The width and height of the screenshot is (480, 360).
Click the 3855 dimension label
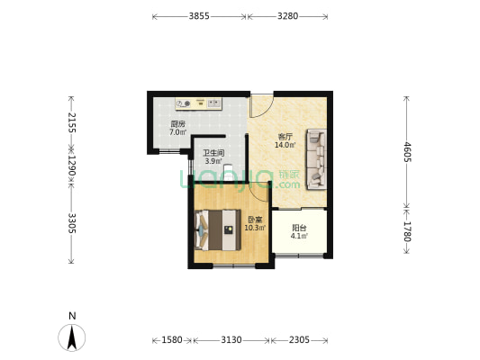coord(199,16)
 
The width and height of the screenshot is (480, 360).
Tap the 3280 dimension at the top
coord(288,16)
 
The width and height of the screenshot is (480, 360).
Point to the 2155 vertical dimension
coord(72,122)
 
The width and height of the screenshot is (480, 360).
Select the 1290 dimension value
coord(72,166)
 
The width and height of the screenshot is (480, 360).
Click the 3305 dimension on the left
coord(72,223)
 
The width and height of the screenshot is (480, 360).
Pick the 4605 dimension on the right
coord(407,152)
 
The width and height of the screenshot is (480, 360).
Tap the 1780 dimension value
coord(407,231)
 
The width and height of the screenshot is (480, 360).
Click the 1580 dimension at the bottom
coord(172,340)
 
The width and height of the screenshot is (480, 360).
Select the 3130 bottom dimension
coord(231,340)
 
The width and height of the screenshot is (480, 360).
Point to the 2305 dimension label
coord(299,340)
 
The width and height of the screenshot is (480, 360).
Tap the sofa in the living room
coord(316,159)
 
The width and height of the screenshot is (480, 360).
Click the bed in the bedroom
coord(218,230)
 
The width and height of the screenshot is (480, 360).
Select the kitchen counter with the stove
coord(199,104)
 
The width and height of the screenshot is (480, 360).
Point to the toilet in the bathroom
coord(228,172)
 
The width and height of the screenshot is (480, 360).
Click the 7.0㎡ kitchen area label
coord(178,132)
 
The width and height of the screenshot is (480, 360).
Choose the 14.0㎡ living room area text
coord(285,145)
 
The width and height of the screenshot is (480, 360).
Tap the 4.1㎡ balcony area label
coord(299,236)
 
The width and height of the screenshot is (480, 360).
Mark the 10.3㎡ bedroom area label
coord(255,228)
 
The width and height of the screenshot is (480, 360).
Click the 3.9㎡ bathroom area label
coord(213,161)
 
